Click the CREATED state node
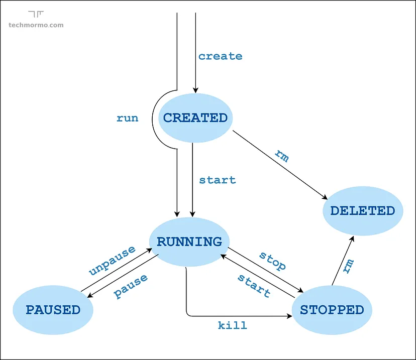195,118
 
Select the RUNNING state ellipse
189,242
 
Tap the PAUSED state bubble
53,310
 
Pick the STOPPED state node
332,310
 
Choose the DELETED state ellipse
362,210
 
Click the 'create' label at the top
220,56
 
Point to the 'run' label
127,118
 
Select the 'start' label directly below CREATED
217,180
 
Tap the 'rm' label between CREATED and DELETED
282,156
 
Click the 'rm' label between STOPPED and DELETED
348,266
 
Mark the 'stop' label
273,261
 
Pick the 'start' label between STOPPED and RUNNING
254,285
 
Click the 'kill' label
233,325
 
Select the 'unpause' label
112,261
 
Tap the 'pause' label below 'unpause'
131,286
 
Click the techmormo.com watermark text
36,25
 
